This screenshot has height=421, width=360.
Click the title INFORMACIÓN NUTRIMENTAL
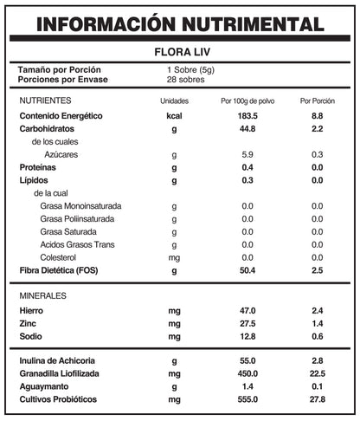coord(180,23)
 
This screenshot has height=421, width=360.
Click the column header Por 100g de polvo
coord(247,101)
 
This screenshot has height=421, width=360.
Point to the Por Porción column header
coord(317,101)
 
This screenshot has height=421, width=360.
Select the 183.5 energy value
coord(247,115)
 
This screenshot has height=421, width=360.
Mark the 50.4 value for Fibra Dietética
coord(247,271)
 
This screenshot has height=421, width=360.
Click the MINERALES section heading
coord(43,296)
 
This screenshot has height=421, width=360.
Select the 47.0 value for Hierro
coord(247,310)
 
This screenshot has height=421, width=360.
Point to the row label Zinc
coord(29,323)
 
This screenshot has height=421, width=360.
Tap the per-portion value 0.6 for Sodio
coord(317,336)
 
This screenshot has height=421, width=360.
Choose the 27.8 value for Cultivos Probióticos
coord(317,399)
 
